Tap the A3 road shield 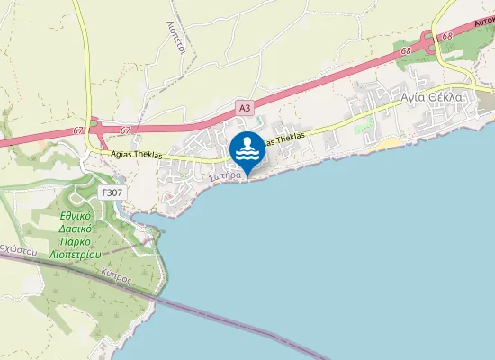point(245,108)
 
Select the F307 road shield point(112,193)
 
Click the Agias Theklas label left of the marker point(136,155)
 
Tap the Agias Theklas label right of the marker point(282,139)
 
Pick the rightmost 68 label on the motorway point(447,37)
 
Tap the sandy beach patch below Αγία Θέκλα point(389,143)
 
